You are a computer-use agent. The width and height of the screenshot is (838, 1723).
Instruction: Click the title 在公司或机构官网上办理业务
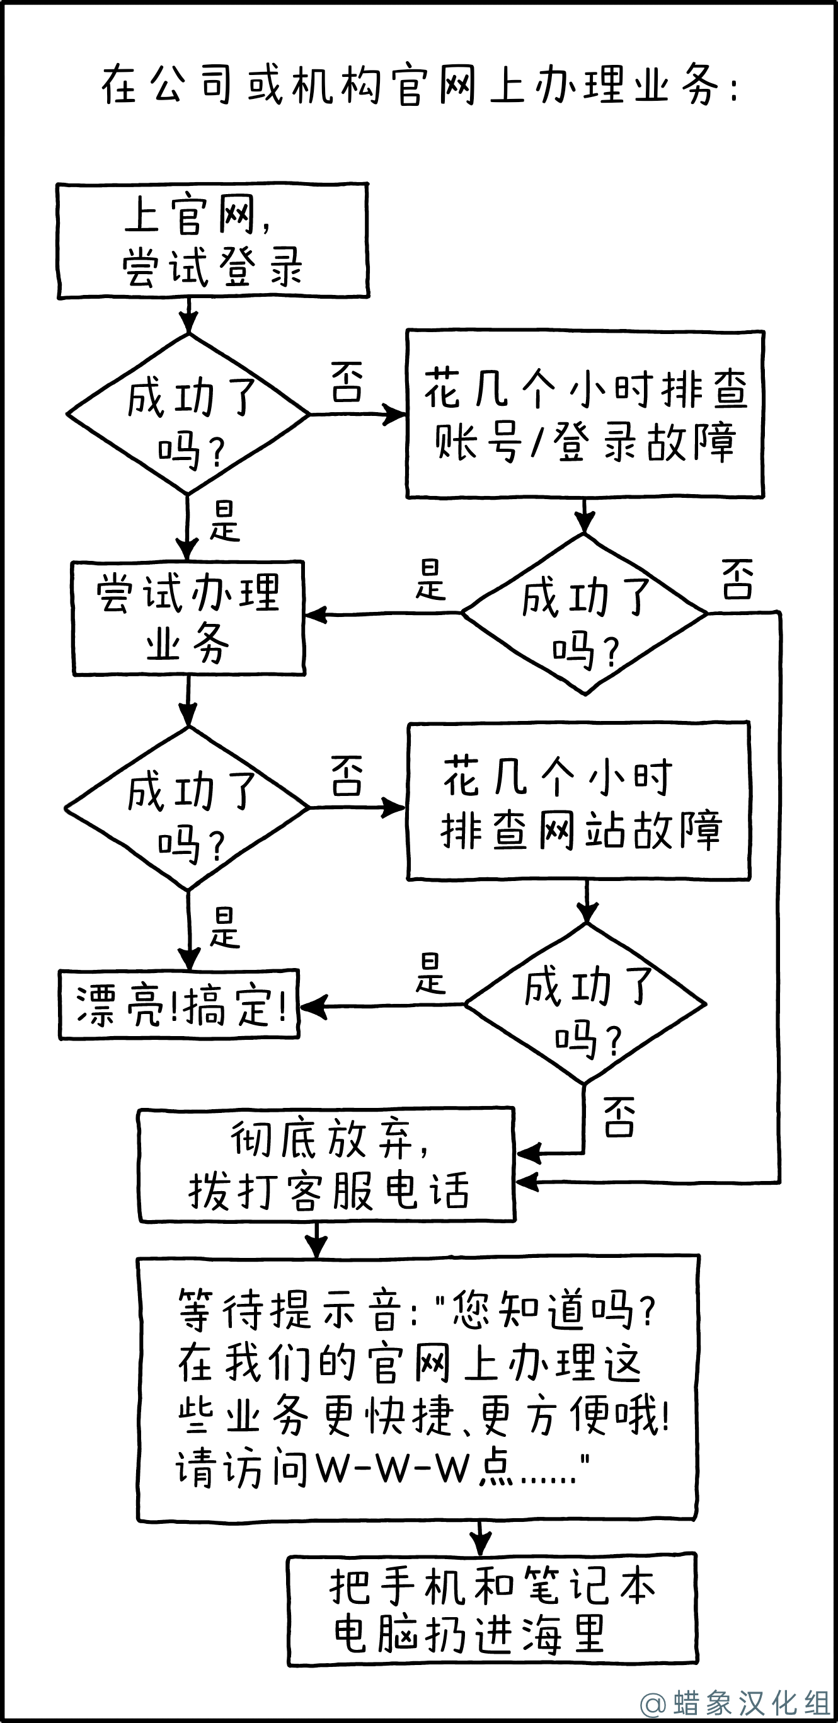pyautogui.click(x=418, y=86)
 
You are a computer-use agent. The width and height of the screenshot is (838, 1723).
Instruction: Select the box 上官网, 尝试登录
pyautogui.click(x=213, y=241)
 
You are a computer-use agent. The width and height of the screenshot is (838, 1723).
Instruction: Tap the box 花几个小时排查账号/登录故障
pyautogui.click(x=585, y=414)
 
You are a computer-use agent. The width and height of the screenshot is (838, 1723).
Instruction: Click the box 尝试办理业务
pyautogui.click(x=188, y=618)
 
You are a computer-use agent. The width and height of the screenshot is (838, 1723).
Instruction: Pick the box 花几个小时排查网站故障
pyautogui.click(x=578, y=801)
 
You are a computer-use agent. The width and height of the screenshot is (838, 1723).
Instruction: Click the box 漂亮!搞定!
pyautogui.click(x=179, y=1005)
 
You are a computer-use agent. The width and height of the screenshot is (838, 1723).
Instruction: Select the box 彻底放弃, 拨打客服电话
pyautogui.click(x=326, y=1165)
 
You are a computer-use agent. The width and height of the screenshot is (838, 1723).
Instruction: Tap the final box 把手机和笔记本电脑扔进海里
pyautogui.click(x=492, y=1610)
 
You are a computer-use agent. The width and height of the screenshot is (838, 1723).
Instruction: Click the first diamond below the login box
pyautogui.click(x=188, y=414)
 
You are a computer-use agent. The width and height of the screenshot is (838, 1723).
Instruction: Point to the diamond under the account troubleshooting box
pyautogui.click(x=585, y=613)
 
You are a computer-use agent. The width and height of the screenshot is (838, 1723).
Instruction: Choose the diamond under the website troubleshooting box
pyautogui.click(x=586, y=1004)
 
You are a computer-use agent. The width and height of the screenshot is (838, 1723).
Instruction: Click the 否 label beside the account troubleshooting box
pyautogui.click(x=347, y=383)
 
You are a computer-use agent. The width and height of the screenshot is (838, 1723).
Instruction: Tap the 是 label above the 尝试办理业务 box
pyautogui.click(x=225, y=522)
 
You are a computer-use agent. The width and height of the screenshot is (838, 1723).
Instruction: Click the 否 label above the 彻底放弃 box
pyautogui.click(x=619, y=1116)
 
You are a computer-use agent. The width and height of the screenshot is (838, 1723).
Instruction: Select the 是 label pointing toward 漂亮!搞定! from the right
pyautogui.click(x=430, y=974)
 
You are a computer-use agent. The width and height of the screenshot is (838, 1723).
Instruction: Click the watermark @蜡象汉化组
pyautogui.click(x=735, y=1702)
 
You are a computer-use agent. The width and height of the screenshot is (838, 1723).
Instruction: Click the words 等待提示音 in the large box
pyautogui.click(x=290, y=1310)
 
